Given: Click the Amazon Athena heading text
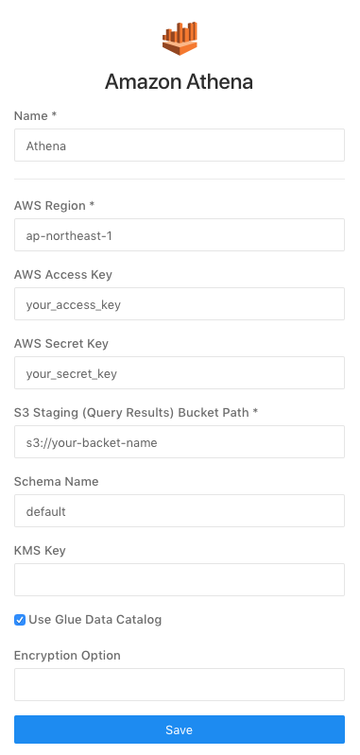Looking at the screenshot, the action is pyautogui.click(x=180, y=82).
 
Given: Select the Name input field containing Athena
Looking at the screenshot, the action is pyautogui.click(x=180, y=146).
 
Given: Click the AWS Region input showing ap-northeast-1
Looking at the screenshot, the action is pyautogui.click(x=180, y=235).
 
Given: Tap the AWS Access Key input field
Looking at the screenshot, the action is pyautogui.click(x=180, y=304).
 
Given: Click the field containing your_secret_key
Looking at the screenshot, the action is pyautogui.click(x=180, y=373).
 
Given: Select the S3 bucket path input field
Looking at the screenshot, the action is pyautogui.click(x=180, y=442).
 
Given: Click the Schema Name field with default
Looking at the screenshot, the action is pyautogui.click(x=180, y=511).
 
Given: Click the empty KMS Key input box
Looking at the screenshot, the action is pyautogui.click(x=180, y=580).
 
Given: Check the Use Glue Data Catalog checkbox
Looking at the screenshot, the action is pyautogui.click(x=20, y=620).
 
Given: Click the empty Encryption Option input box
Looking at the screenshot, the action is pyautogui.click(x=180, y=685).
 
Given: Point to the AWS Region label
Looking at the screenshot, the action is pyautogui.click(x=55, y=205).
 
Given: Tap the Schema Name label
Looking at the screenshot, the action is pyautogui.click(x=57, y=481).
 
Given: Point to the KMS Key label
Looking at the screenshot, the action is pyautogui.click(x=40, y=550).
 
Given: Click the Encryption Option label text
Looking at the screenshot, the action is pyautogui.click(x=67, y=655).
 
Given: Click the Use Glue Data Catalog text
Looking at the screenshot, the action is pyautogui.click(x=95, y=620).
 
